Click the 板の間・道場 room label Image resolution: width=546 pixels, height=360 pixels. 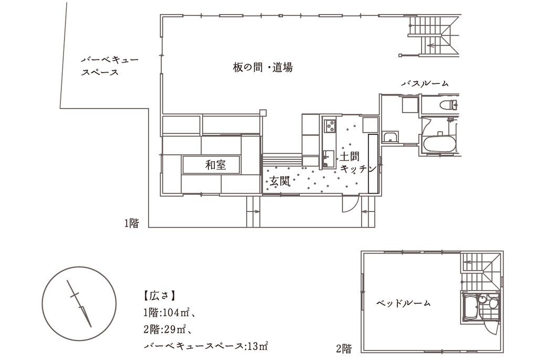coord(262,67)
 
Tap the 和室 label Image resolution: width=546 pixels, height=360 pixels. coord(216,165)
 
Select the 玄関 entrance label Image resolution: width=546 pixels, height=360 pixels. coord(280,181)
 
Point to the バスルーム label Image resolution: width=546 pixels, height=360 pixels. coord(425,83)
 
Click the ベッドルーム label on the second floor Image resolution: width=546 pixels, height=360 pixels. coord(403,303)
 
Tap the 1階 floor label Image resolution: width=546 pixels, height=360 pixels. coord(132,223)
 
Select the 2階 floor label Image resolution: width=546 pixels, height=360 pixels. coord(344,348)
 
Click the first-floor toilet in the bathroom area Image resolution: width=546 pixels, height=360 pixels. coord(450,104)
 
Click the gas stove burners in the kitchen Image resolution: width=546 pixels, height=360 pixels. coord(330,126)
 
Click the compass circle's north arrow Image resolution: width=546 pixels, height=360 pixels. coord(79,304)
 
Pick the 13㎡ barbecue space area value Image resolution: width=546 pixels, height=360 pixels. coord(258,346)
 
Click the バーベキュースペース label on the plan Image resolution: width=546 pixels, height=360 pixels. coord(110,66)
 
